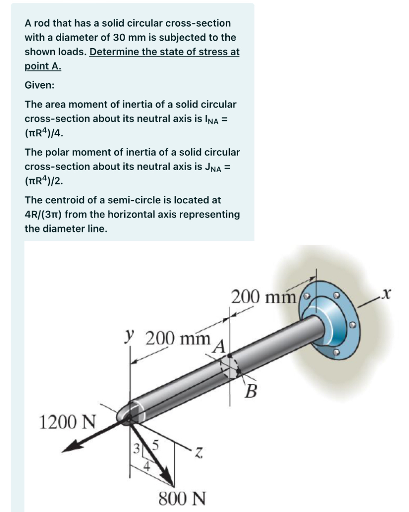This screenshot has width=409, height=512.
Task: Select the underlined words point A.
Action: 43,67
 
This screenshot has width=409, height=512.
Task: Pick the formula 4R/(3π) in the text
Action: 43,215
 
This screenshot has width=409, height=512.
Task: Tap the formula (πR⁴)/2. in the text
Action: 44,181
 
